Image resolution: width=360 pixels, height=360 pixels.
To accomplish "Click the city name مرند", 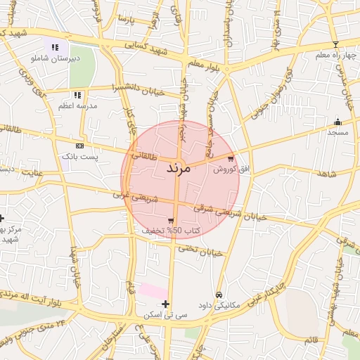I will tap(179, 169).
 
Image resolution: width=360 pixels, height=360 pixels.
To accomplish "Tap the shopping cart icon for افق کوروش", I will tap(231, 158).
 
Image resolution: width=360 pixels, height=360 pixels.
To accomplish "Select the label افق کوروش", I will tap(227, 169).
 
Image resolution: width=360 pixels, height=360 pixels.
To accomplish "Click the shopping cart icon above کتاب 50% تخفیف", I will tap(171, 220).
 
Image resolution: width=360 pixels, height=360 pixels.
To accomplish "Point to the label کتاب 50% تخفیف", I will tap(171, 231).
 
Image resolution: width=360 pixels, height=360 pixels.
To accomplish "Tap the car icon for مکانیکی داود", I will tap(219, 295).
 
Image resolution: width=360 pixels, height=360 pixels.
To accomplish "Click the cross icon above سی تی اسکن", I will tap(165, 304).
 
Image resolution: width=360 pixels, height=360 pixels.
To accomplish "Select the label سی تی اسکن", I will tap(165, 315).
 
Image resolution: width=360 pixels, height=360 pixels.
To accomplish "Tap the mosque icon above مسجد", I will tap(337, 122).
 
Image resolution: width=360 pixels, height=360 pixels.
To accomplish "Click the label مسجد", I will tap(337, 132).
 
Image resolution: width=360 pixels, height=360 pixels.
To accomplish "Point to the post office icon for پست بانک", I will tap(79, 145).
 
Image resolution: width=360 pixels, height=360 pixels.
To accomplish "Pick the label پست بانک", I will tap(79, 155).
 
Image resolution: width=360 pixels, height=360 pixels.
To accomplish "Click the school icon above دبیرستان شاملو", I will tap(54, 47).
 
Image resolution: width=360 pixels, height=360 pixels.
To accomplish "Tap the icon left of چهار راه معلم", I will tap(335, 45).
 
